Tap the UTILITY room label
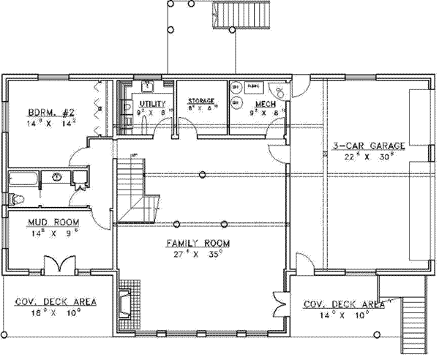point(153,104)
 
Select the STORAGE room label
point(201,100)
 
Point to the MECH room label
point(264,104)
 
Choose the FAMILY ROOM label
point(198,243)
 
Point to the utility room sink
point(146,85)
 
